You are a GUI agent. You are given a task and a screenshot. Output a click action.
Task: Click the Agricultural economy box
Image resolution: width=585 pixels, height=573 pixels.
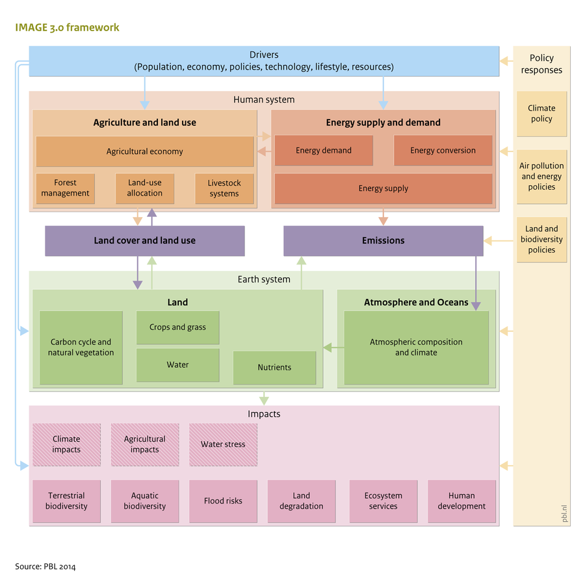[144, 151]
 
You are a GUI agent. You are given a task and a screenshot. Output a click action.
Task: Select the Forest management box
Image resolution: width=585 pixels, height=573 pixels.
[65, 188]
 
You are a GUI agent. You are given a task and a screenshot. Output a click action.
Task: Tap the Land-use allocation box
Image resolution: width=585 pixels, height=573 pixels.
[144, 188]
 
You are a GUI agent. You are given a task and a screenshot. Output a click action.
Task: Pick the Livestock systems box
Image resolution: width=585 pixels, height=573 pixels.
[224, 188]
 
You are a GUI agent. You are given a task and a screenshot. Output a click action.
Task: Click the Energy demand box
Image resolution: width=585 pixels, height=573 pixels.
[323, 151]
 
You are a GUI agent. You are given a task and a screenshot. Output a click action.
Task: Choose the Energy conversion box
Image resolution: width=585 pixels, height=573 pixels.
[443, 151]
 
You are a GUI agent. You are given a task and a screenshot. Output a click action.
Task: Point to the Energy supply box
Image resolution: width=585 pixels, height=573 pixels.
[383, 188]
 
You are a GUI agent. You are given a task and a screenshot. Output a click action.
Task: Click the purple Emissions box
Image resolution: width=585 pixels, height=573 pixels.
[383, 240]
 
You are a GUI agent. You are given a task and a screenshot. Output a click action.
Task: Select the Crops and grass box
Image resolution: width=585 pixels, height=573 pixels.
[177, 327]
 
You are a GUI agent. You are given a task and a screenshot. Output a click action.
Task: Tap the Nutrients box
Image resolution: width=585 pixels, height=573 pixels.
[274, 368]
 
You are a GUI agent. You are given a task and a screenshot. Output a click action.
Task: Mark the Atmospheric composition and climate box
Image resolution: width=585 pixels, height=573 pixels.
[416, 348]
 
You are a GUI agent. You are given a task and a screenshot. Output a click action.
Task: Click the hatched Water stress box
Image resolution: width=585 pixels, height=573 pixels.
[223, 445]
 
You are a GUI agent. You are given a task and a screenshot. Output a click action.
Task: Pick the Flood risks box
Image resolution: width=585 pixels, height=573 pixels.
[223, 501]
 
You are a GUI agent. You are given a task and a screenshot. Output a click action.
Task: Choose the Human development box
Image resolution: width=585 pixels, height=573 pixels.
[461, 501]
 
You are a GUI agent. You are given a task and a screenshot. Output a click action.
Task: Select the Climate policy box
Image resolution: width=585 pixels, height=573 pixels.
[541, 114]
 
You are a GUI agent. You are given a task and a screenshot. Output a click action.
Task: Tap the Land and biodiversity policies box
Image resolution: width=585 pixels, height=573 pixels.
[541, 240]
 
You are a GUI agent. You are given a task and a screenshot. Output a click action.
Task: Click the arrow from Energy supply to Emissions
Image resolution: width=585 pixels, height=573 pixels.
[383, 217]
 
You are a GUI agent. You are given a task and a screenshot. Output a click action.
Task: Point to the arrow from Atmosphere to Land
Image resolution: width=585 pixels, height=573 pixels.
[330, 348]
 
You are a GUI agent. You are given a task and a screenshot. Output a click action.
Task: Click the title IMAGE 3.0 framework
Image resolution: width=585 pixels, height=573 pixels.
[67, 28]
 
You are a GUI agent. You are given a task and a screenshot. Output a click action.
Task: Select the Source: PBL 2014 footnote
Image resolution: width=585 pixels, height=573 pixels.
[45, 567]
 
